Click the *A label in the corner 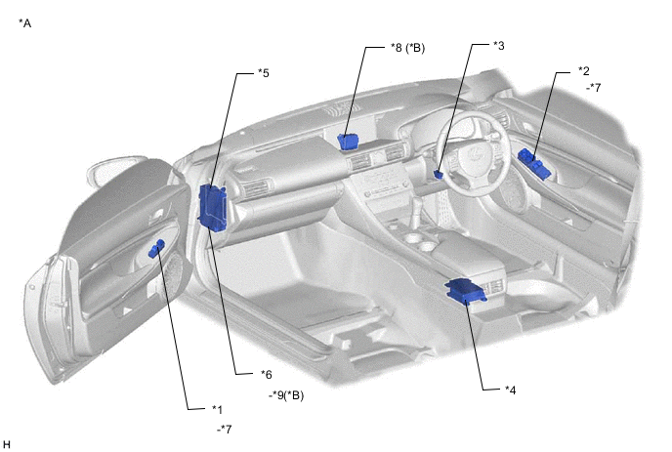(x=24, y=23)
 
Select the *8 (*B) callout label (x=407, y=48)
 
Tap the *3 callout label (x=498, y=46)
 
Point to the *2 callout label (x=583, y=70)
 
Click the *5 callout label (x=263, y=73)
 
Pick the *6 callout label (x=266, y=375)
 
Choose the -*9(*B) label (x=286, y=395)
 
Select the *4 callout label (x=510, y=390)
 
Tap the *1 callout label (x=217, y=410)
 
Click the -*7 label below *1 (x=224, y=429)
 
